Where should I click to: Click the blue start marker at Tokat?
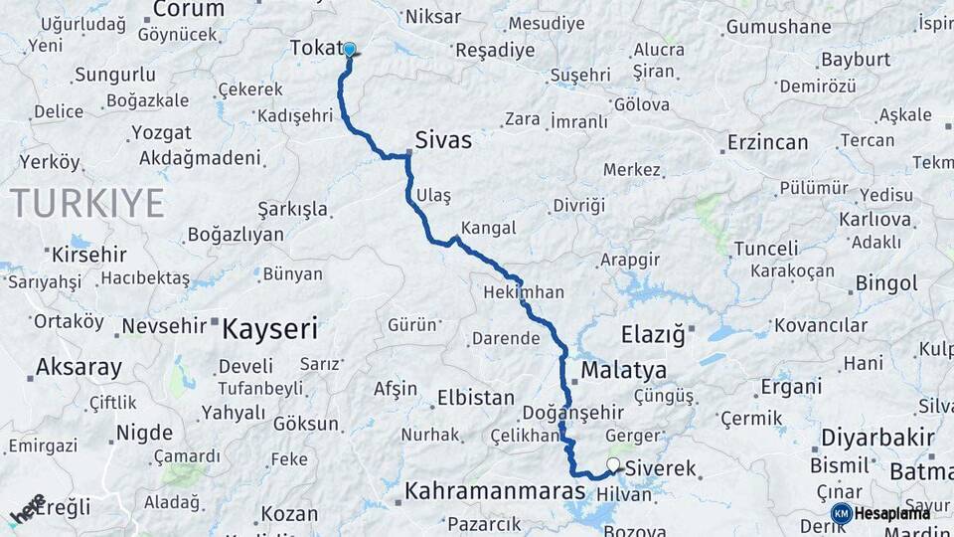coord(349,49)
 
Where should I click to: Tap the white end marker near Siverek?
coord(613,465)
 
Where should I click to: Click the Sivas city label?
coord(443,140)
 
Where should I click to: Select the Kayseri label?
coord(269,328)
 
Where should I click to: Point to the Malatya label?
coord(623,371)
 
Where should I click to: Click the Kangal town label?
coord(489,228)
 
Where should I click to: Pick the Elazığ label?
coord(653,335)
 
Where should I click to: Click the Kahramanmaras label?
coord(494,491)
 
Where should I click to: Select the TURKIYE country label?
coord(87,203)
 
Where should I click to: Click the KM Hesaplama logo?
coord(880,513)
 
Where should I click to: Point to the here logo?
coord(28,509)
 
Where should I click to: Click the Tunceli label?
coord(766,249)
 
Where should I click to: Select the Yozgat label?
coord(161,132)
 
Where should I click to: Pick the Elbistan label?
coord(476,398)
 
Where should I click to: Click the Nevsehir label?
coord(164,325)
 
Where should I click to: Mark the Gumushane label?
coord(778,27)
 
